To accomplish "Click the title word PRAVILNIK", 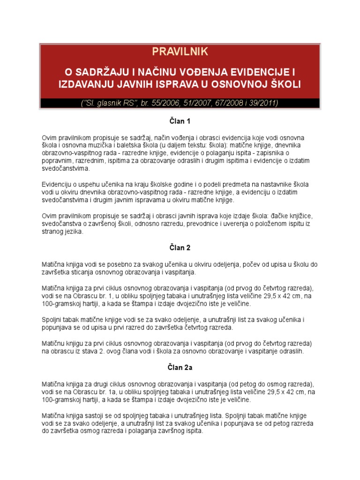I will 180,51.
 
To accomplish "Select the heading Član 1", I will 180,121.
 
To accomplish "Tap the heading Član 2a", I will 180,367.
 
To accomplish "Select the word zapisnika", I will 281,153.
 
